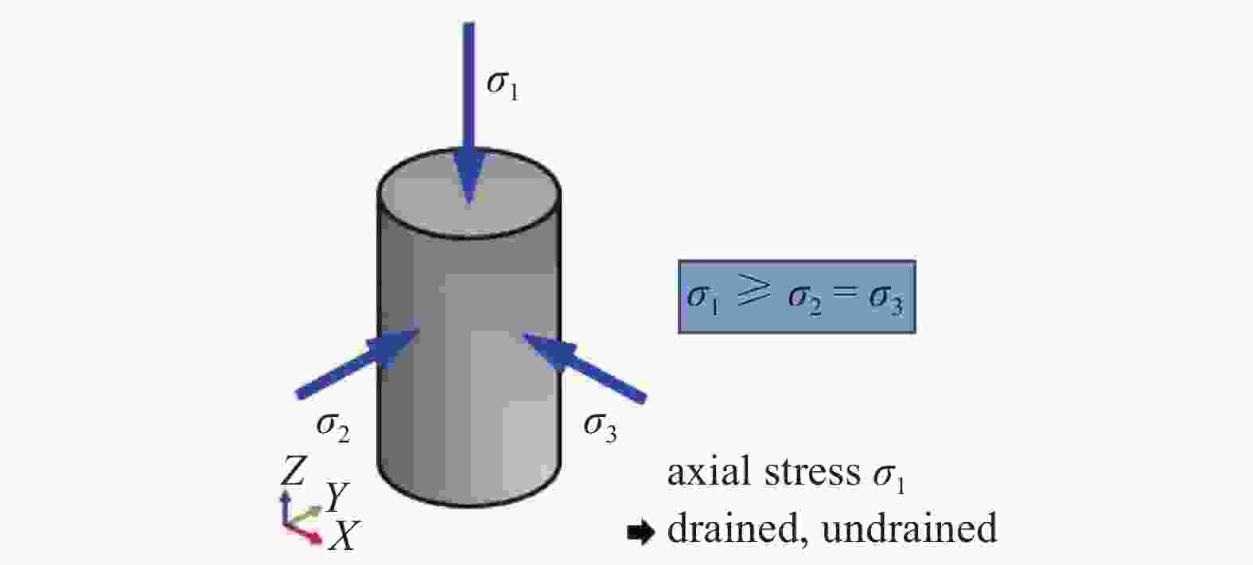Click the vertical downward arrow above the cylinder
(x=469, y=112)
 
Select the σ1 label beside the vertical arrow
(x=503, y=86)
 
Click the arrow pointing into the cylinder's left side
(x=358, y=363)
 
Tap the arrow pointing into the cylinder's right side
(x=585, y=367)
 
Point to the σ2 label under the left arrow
(x=333, y=428)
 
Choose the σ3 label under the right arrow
(x=600, y=428)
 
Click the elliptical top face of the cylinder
(x=469, y=193)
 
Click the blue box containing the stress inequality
(x=796, y=297)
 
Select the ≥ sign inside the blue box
(x=753, y=291)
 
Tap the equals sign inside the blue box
(x=845, y=293)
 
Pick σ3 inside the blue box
(x=886, y=299)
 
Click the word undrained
(x=909, y=528)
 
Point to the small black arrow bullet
(x=640, y=532)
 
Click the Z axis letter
(x=293, y=470)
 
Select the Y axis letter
(x=337, y=497)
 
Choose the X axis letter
(x=342, y=536)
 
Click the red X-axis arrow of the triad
(x=304, y=533)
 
